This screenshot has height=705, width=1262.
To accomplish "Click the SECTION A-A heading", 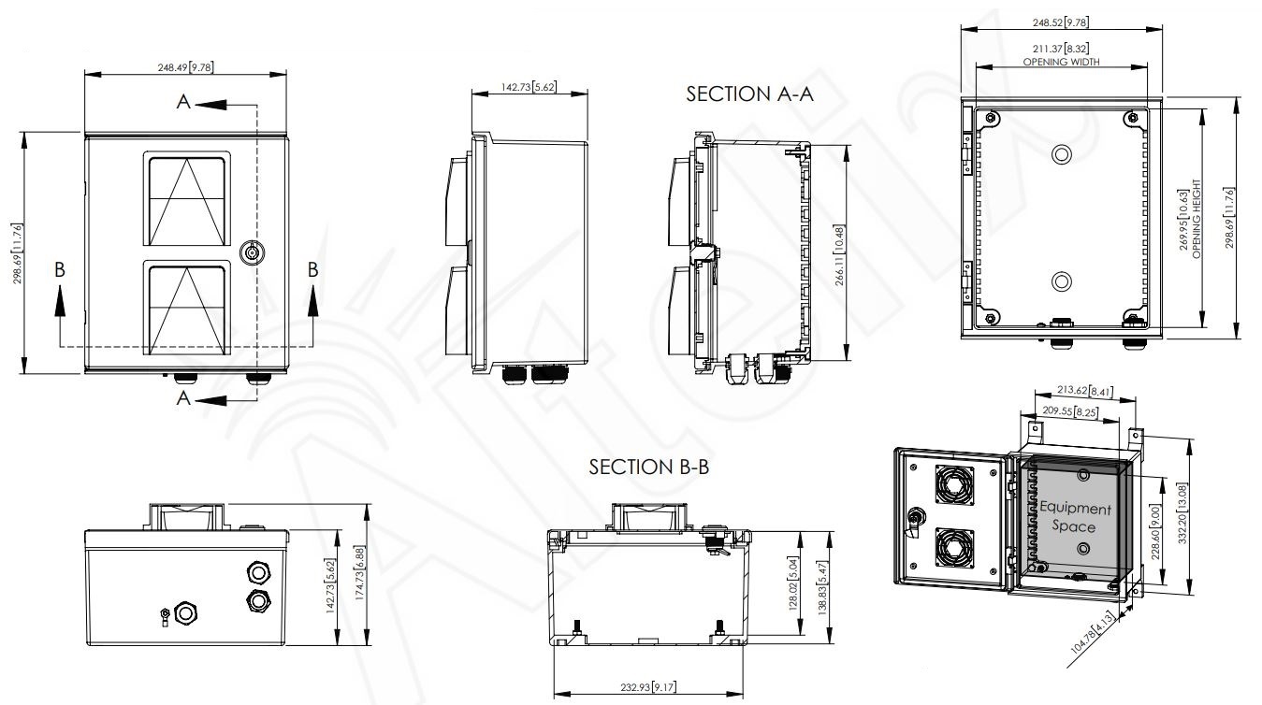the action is (x=749, y=94).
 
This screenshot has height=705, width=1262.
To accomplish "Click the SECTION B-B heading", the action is (x=649, y=467).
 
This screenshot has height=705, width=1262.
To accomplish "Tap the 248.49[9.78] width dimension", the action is (x=185, y=67).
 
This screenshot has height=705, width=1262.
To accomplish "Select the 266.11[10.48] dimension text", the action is (x=839, y=255).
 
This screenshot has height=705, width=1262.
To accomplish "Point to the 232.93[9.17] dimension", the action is (x=648, y=687).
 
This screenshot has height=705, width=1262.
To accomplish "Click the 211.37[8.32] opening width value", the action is (x=1061, y=49).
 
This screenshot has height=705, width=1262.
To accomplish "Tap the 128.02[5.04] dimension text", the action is (x=793, y=584).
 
